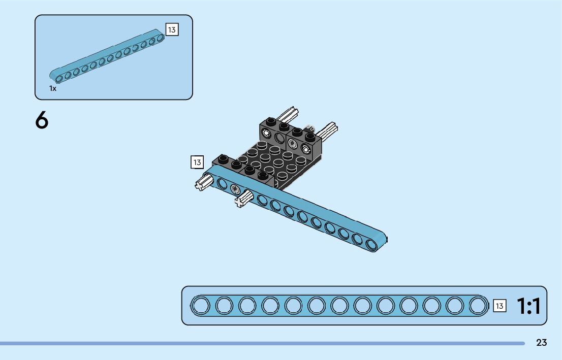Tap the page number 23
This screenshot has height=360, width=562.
tap(541, 343)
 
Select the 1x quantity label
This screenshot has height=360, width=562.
tap(53, 88)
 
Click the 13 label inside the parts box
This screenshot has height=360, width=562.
tap(172, 30)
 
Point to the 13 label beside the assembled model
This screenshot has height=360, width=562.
tap(197, 162)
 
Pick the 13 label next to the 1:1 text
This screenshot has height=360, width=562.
tap(499, 306)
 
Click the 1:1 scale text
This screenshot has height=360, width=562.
tap(528, 306)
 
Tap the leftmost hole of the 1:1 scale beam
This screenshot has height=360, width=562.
tap(200, 306)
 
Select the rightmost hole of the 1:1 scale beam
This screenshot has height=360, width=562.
tap(477, 306)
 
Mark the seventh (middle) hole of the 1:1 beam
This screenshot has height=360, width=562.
tap(339, 306)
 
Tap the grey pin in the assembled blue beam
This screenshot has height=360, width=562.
tap(235, 190)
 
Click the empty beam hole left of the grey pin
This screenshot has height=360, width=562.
tap(222, 183)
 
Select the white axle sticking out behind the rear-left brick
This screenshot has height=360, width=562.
tap(288, 114)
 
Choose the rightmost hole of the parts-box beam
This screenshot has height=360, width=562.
tap(160, 38)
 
